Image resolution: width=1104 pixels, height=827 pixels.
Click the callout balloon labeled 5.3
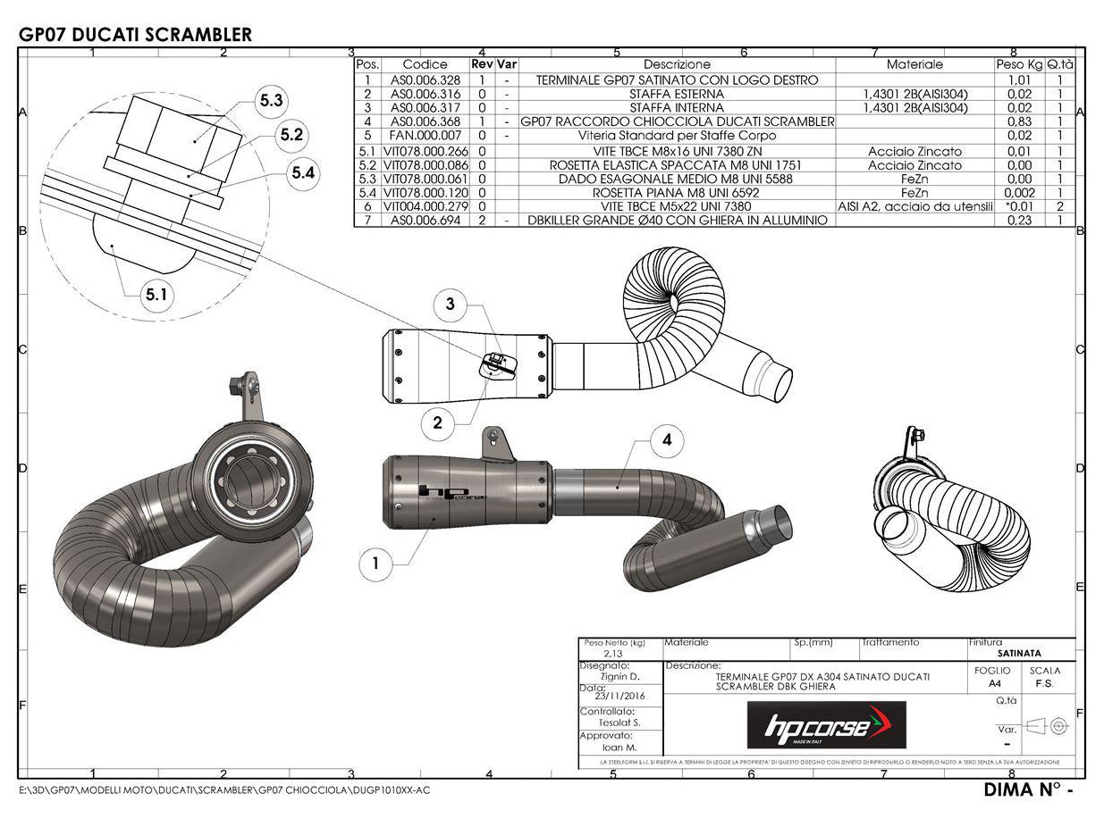(272, 101)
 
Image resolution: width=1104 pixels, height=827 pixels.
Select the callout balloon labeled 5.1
(156, 295)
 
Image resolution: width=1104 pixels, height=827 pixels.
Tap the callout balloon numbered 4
(667, 439)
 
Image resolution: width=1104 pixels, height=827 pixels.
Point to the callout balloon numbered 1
(375, 563)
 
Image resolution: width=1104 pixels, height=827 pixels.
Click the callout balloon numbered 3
(450, 305)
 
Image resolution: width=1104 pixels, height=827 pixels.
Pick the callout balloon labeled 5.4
(304, 173)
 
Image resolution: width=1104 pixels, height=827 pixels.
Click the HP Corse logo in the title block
(826, 724)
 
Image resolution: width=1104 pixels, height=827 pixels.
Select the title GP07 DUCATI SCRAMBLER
(135, 35)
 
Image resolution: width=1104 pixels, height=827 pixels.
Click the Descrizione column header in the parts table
(677, 64)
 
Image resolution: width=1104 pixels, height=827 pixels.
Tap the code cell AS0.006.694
(425, 220)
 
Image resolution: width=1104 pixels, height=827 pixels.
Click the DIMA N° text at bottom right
(1026, 790)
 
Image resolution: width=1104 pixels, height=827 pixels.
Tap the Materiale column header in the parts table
(914, 64)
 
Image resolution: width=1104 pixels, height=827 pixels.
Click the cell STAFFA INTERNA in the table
(677, 107)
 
